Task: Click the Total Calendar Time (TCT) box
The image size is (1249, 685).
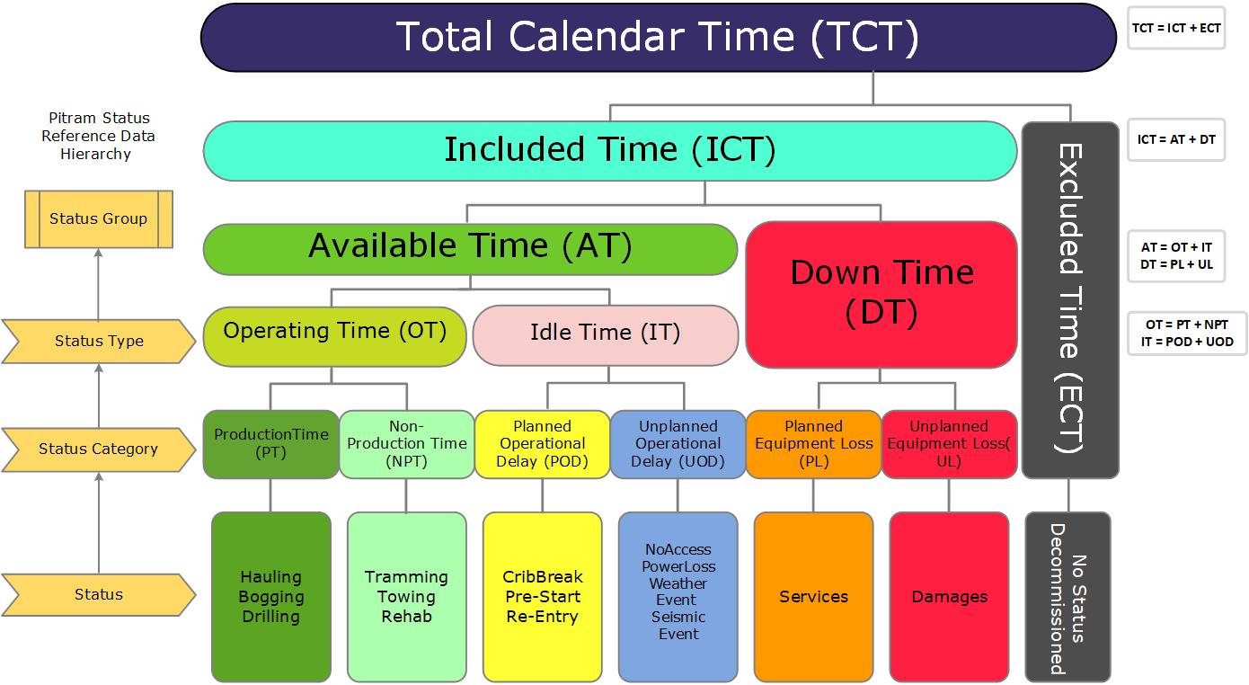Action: [x=658, y=37]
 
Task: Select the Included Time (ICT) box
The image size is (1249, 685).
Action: [x=609, y=150]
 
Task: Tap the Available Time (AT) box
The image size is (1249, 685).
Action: [x=470, y=247]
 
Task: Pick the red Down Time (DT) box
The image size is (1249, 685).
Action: [x=881, y=293]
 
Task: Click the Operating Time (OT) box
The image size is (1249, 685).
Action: [x=335, y=335]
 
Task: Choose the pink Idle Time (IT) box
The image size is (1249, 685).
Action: [x=605, y=334]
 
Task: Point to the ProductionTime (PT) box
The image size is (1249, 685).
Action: [x=270, y=443]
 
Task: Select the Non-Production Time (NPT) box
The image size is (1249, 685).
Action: [x=406, y=443]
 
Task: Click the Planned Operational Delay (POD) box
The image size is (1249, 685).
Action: [x=542, y=443]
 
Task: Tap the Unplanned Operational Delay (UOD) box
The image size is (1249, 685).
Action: [x=678, y=443]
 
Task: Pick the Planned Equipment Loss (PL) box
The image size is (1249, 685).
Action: [x=813, y=443]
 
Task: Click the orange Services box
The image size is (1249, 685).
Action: [x=813, y=596]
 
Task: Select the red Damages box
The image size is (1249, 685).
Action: [x=949, y=596]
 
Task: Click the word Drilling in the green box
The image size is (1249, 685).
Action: [x=270, y=617]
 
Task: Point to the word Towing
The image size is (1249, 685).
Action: [x=406, y=597]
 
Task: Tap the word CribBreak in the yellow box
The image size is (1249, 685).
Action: [x=542, y=577]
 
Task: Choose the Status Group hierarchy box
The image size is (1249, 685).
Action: [x=98, y=218]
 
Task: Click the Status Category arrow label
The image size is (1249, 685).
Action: [x=98, y=449]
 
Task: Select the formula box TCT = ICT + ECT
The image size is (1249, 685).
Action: [x=1175, y=28]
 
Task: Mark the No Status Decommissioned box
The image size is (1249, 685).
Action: [x=1067, y=596]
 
